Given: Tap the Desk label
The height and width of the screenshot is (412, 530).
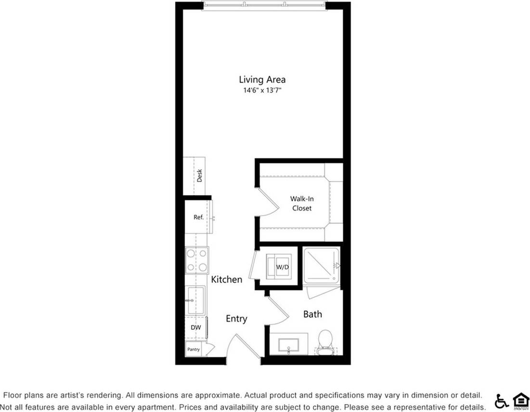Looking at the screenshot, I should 199,176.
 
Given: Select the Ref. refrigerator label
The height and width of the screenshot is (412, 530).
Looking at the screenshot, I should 198,217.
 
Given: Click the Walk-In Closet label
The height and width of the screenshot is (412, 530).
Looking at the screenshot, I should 301,203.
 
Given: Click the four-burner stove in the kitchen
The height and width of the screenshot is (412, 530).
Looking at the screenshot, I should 197,260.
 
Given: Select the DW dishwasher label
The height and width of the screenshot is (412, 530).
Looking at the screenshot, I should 195,327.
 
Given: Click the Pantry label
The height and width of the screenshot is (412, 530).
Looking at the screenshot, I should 194,350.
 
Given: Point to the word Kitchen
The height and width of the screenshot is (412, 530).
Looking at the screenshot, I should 227,279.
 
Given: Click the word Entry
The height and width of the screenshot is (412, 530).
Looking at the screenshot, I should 236,319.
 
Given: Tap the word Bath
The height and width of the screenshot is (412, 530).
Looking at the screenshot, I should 312,314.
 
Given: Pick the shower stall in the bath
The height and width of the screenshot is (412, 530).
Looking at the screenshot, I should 322,265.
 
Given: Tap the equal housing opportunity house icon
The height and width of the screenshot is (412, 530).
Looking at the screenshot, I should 520,400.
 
